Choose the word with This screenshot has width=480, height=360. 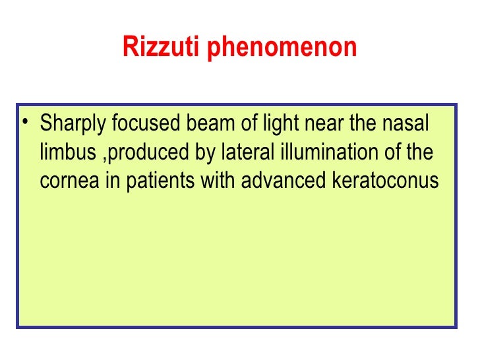coord(220,181)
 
